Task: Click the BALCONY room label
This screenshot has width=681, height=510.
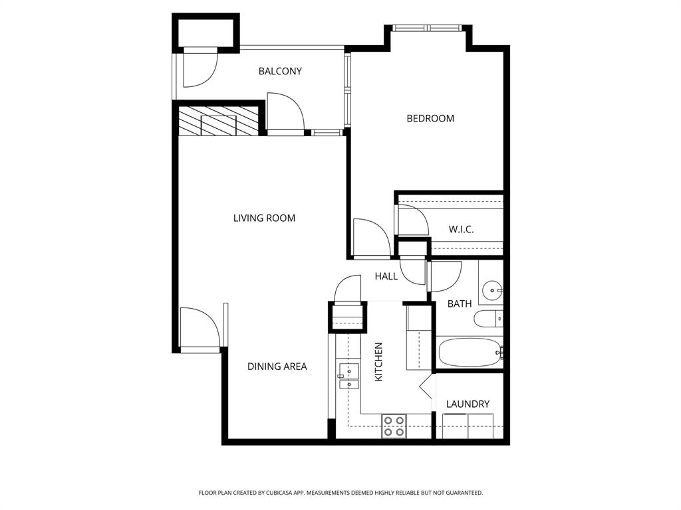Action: tap(280, 71)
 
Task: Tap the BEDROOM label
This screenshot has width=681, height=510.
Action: tap(430, 118)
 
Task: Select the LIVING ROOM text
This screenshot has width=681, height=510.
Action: tap(264, 218)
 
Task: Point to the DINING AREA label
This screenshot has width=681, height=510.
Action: tap(277, 366)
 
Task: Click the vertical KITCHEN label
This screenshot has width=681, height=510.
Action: tap(378, 361)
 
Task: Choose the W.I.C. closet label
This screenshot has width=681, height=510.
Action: tap(461, 229)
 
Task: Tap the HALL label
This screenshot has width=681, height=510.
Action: tap(386, 276)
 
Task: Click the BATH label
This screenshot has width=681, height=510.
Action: tap(459, 303)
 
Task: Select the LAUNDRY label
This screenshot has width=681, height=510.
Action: tap(468, 404)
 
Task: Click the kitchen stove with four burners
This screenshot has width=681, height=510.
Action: tap(394, 426)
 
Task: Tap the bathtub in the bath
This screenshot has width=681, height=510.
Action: tap(470, 352)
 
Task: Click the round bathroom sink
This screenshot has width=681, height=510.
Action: tap(492, 290)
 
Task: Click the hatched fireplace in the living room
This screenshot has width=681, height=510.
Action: tap(219, 121)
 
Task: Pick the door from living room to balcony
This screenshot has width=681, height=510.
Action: tap(285, 113)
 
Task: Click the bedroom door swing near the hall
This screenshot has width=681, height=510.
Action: tap(370, 238)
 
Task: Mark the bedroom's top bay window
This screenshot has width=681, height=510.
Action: tap(428, 29)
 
